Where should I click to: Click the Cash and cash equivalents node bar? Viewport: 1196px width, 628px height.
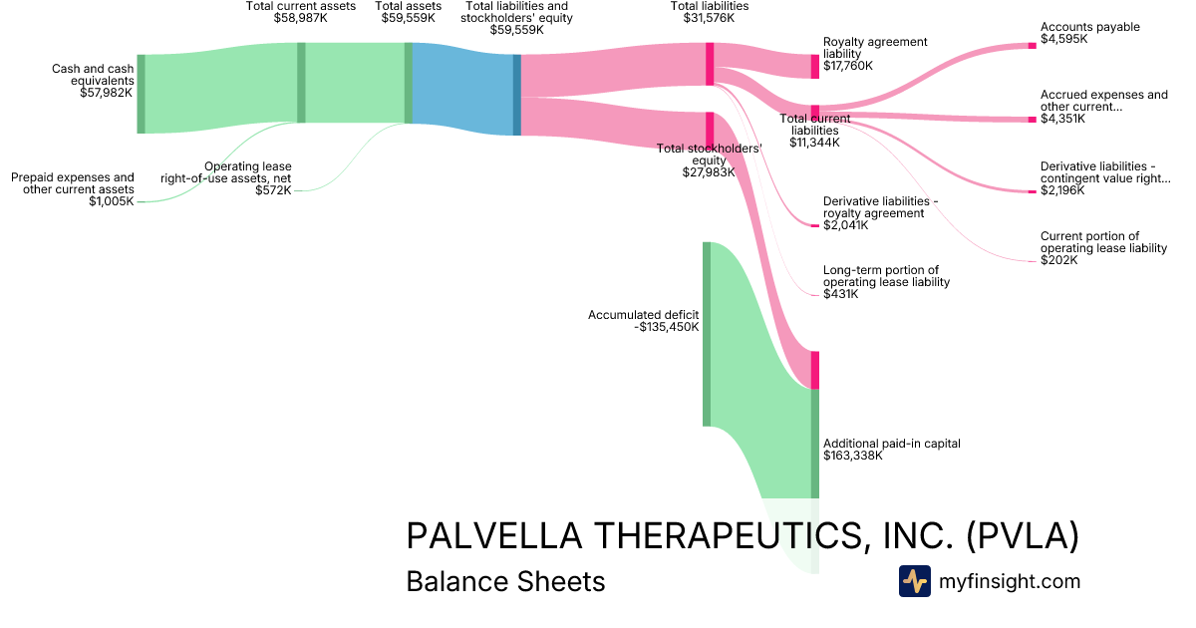(x=142, y=94)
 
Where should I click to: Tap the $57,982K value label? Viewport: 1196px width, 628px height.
(x=107, y=93)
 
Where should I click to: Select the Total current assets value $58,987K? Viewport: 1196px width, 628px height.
(x=301, y=18)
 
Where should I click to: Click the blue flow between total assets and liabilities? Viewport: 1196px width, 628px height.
(x=462, y=89)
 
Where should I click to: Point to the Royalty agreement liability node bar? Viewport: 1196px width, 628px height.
(x=814, y=66)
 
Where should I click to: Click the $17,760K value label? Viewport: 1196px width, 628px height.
(x=847, y=66)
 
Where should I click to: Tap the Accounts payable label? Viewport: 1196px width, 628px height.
(x=1089, y=27)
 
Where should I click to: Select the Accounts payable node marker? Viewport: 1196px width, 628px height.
(x=1032, y=45)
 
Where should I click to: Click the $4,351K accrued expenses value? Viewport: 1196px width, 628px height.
(x=1063, y=119)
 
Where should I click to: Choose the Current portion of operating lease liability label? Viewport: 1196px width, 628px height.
(x=1103, y=242)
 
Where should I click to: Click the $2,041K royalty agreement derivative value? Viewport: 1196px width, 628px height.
(x=845, y=225)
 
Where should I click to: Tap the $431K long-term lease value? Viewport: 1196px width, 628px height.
(x=841, y=294)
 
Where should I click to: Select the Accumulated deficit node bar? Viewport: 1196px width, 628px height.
(x=707, y=334)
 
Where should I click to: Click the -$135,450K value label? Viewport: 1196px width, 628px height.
(x=667, y=326)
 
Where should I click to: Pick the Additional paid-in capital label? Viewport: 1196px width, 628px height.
(x=891, y=444)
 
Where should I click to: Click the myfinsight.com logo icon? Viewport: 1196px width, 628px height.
(x=914, y=581)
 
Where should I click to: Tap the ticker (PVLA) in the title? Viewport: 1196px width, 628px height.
(x=1023, y=536)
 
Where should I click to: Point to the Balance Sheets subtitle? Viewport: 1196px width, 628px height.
(x=505, y=581)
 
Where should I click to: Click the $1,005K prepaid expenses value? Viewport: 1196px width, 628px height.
(x=111, y=201)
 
